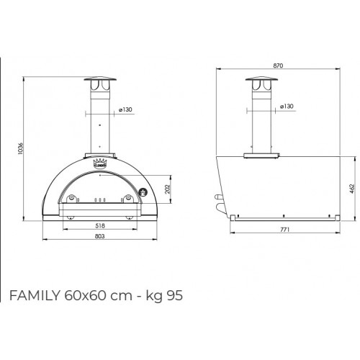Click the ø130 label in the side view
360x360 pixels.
click(x=287, y=107)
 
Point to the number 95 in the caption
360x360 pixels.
click(x=165, y=297)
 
